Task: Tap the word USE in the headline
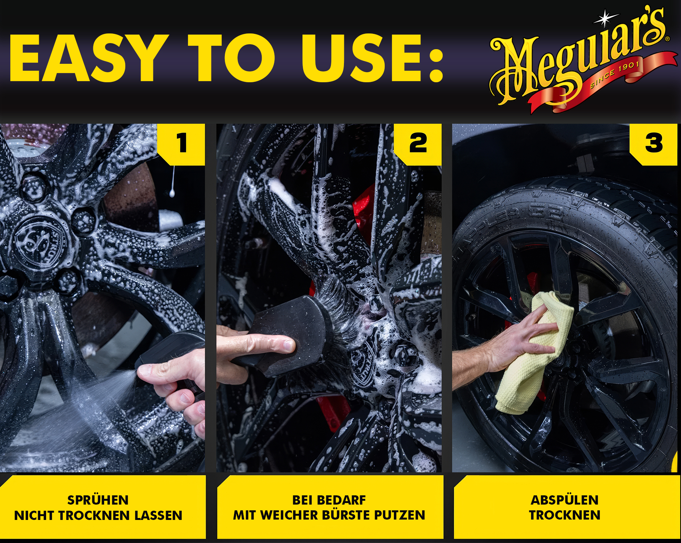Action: [x=364, y=58]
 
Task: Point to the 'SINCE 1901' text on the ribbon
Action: [x=615, y=74]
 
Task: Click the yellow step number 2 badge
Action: [x=418, y=144]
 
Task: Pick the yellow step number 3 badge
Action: [x=654, y=144]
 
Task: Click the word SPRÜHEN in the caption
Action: [x=98, y=500]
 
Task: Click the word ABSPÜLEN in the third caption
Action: [x=565, y=500]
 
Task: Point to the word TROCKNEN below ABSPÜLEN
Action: [x=565, y=515]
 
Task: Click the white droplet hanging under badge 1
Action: [x=172, y=192]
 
